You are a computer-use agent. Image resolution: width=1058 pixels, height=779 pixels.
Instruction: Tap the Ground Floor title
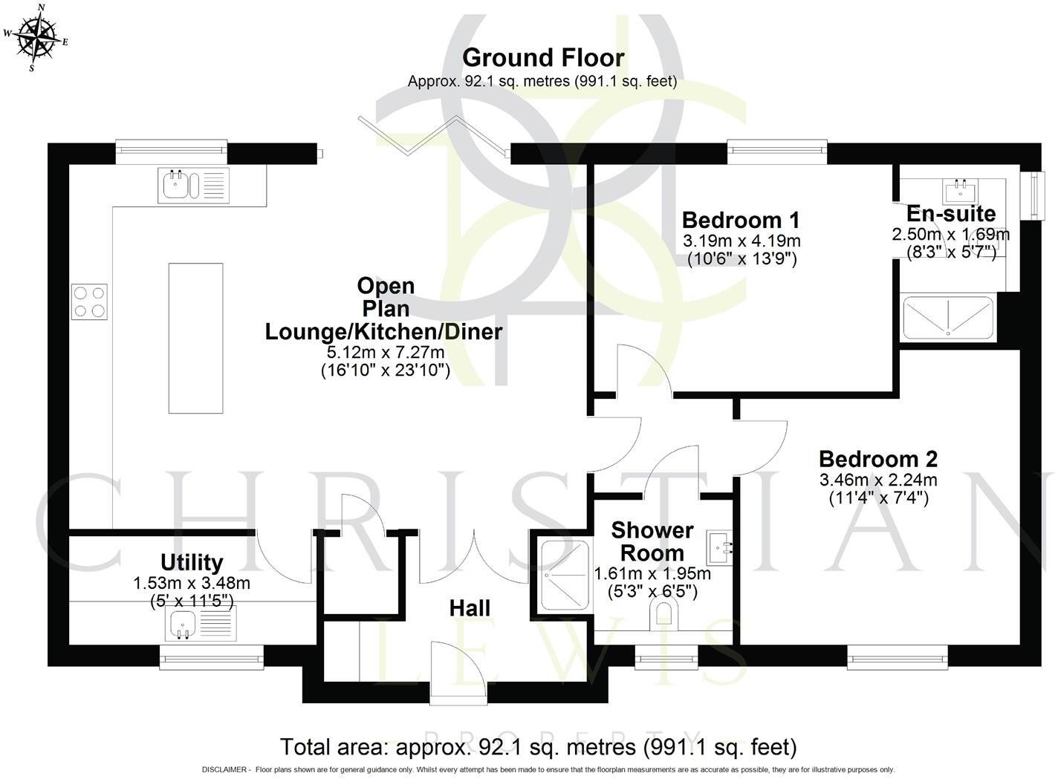[542, 57]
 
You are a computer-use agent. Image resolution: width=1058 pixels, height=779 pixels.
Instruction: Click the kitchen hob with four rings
[89, 302]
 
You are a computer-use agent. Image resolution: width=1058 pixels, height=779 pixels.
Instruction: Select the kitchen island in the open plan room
[195, 338]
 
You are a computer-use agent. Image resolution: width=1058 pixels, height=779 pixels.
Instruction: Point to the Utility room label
[192, 562]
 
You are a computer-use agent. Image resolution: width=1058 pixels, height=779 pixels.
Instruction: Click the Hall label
[470, 608]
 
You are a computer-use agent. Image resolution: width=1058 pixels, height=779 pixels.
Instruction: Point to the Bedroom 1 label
[741, 221]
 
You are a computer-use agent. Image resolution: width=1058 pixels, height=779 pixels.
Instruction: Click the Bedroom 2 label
[877, 459]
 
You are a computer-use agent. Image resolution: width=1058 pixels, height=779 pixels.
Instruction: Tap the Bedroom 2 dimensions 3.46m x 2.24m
[877, 480]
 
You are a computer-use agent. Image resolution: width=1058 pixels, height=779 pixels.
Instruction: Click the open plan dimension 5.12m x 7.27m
[385, 352]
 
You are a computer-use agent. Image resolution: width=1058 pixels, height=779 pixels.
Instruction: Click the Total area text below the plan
[537, 746]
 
